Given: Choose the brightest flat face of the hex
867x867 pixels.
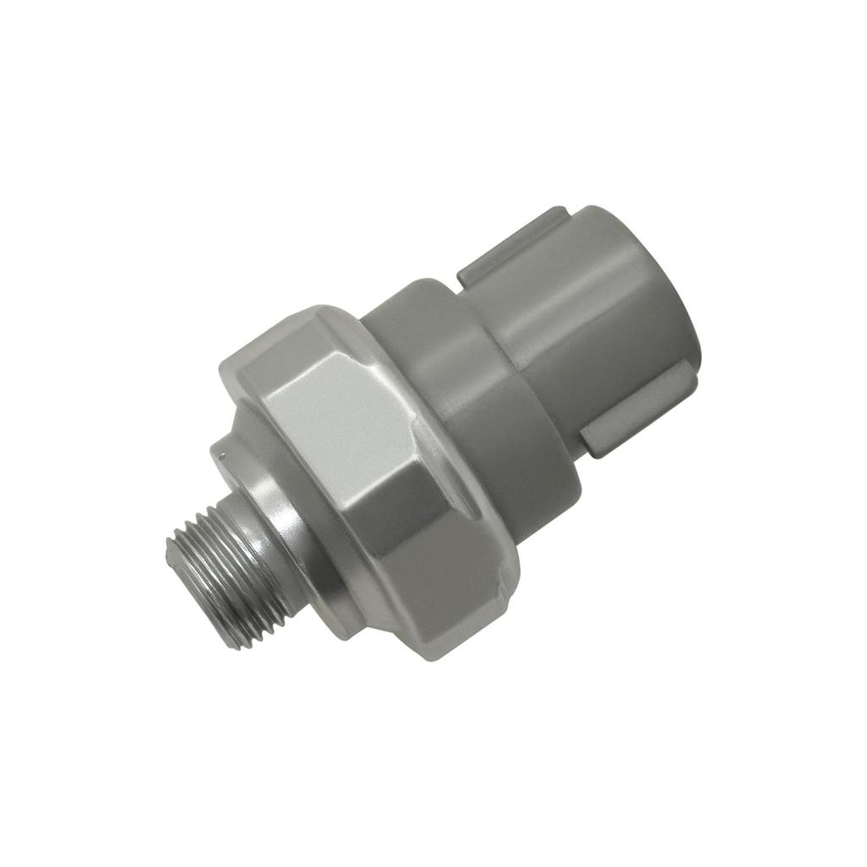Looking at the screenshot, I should pos(339,423).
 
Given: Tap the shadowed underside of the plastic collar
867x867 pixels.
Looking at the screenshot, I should pos(542,500).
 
